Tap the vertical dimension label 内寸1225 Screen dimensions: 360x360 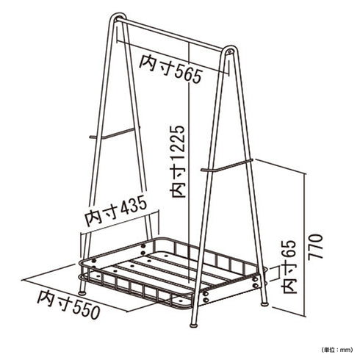tap(178, 162)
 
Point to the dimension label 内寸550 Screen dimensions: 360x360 tap(69, 305)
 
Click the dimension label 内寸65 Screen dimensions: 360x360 tap(289, 267)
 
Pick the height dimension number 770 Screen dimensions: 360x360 tap(315, 247)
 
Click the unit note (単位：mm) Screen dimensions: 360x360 tap(336, 350)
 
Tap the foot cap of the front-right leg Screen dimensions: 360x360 tap(194, 325)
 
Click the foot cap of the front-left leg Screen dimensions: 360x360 tap(82, 292)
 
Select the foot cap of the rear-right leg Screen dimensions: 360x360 tap(264, 304)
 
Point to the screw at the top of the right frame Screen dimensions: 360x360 tap(229, 51)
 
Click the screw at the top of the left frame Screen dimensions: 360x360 tap(120, 18)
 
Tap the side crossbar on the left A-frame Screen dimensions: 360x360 tap(115, 132)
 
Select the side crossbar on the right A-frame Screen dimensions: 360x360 tap(227, 165)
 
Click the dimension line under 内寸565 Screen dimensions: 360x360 tap(173, 57)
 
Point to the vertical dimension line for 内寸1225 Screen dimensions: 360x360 tap(190, 162)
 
